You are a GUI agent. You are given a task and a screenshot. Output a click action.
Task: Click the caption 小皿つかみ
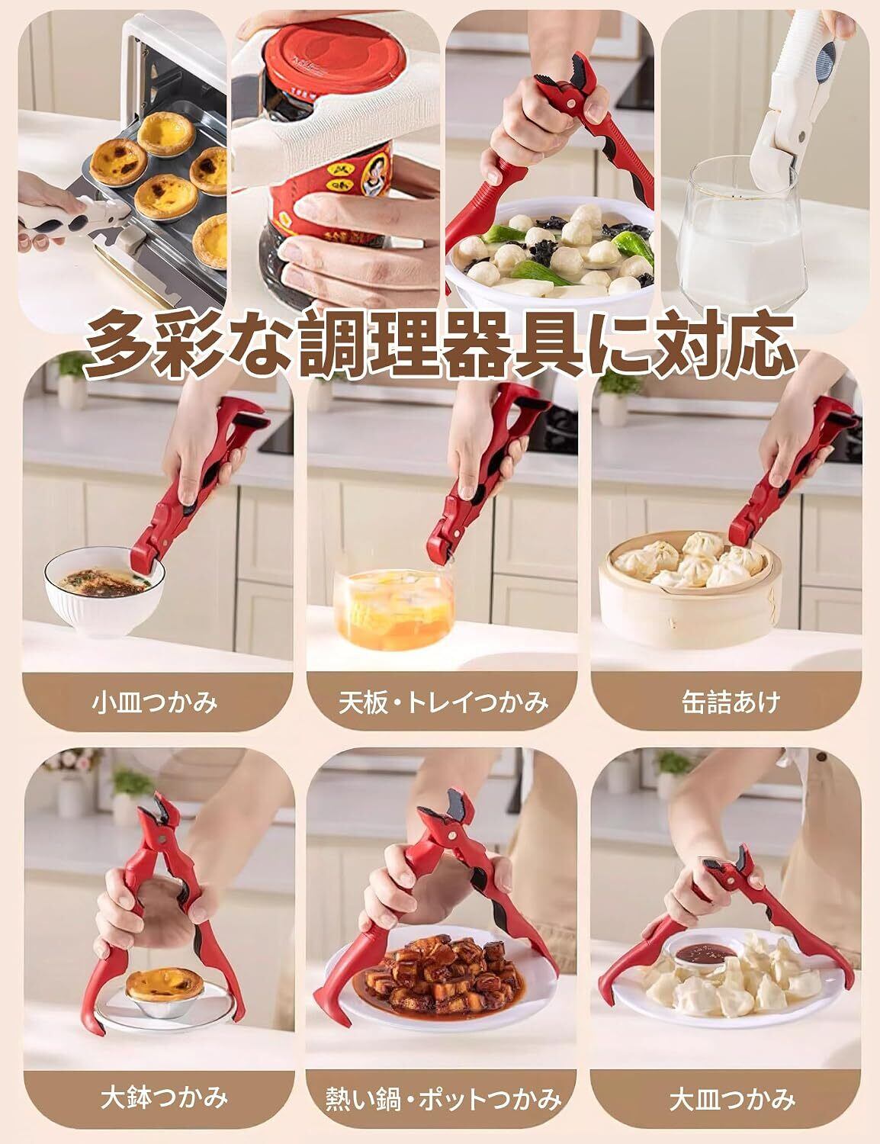(x=154, y=702)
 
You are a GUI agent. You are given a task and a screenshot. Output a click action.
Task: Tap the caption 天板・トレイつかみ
(x=443, y=702)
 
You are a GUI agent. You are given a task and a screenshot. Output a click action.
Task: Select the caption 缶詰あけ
(x=731, y=702)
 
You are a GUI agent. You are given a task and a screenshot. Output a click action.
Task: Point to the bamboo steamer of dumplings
(x=688, y=590)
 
